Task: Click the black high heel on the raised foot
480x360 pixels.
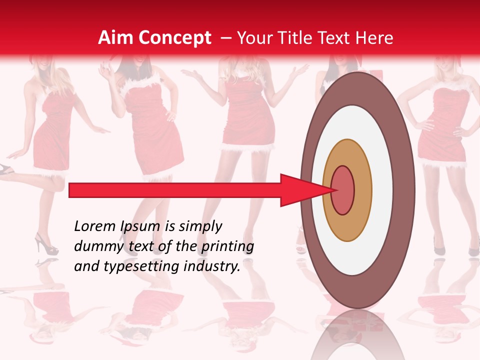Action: tap(6, 170)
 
